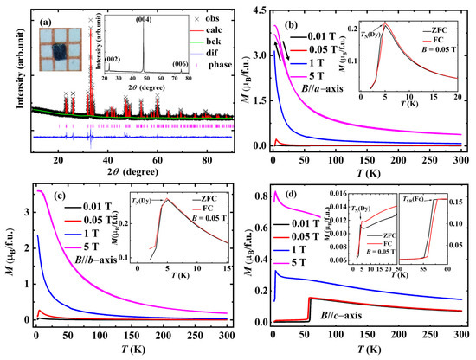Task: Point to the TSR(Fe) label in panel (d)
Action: (415, 196)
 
